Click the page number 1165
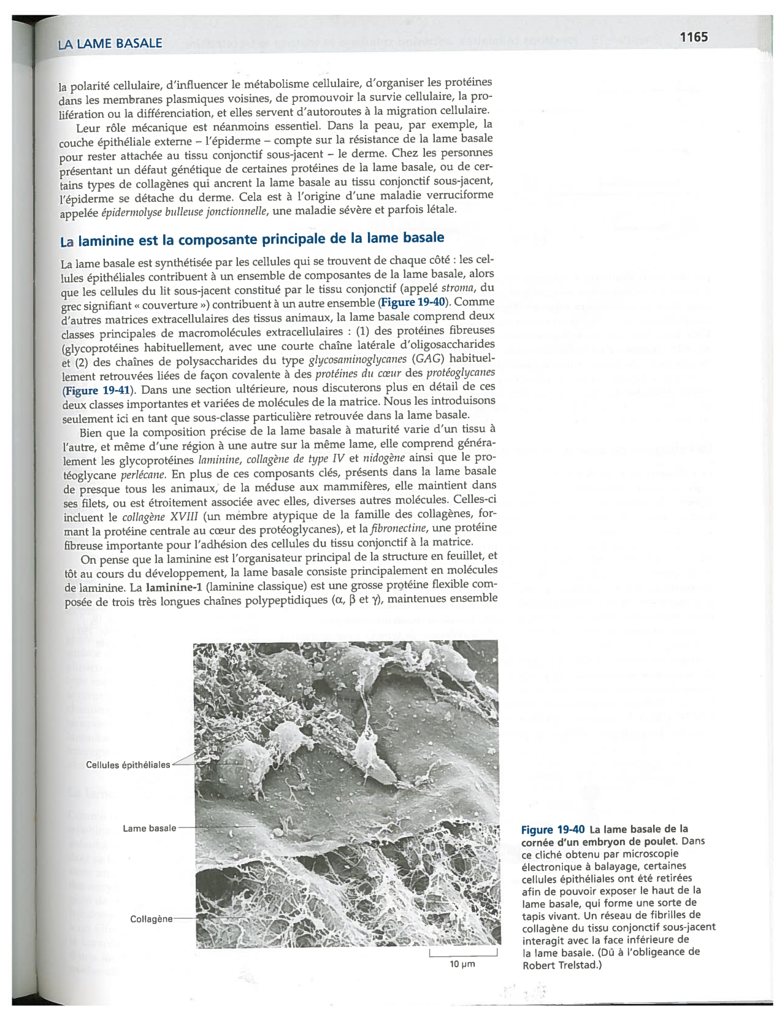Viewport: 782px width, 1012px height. pos(694,37)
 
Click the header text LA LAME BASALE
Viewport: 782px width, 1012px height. pos(110,44)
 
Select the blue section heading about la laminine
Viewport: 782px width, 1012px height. pos(251,239)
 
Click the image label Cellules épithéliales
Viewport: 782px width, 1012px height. pos(128,765)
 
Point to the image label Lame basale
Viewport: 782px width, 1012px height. pos(149,828)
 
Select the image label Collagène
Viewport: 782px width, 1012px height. pos(151,919)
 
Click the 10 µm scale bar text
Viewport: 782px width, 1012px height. pos(462,964)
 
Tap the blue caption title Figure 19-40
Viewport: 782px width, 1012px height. pos(553,829)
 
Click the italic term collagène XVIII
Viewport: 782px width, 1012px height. pos(159,517)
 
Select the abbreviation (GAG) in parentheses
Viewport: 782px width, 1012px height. pos(428,359)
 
